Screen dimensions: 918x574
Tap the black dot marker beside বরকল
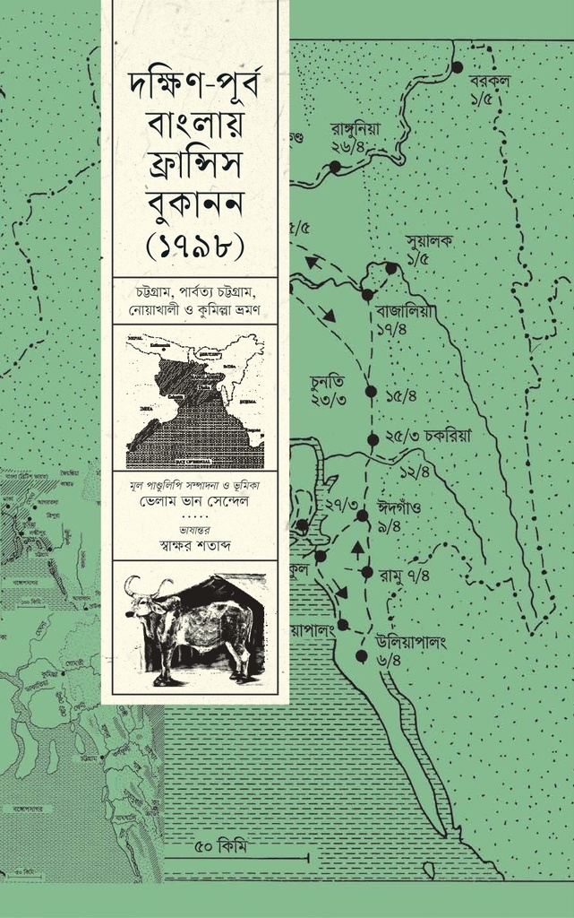pos(457,67)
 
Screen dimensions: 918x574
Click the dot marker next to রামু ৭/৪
pos(366,572)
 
